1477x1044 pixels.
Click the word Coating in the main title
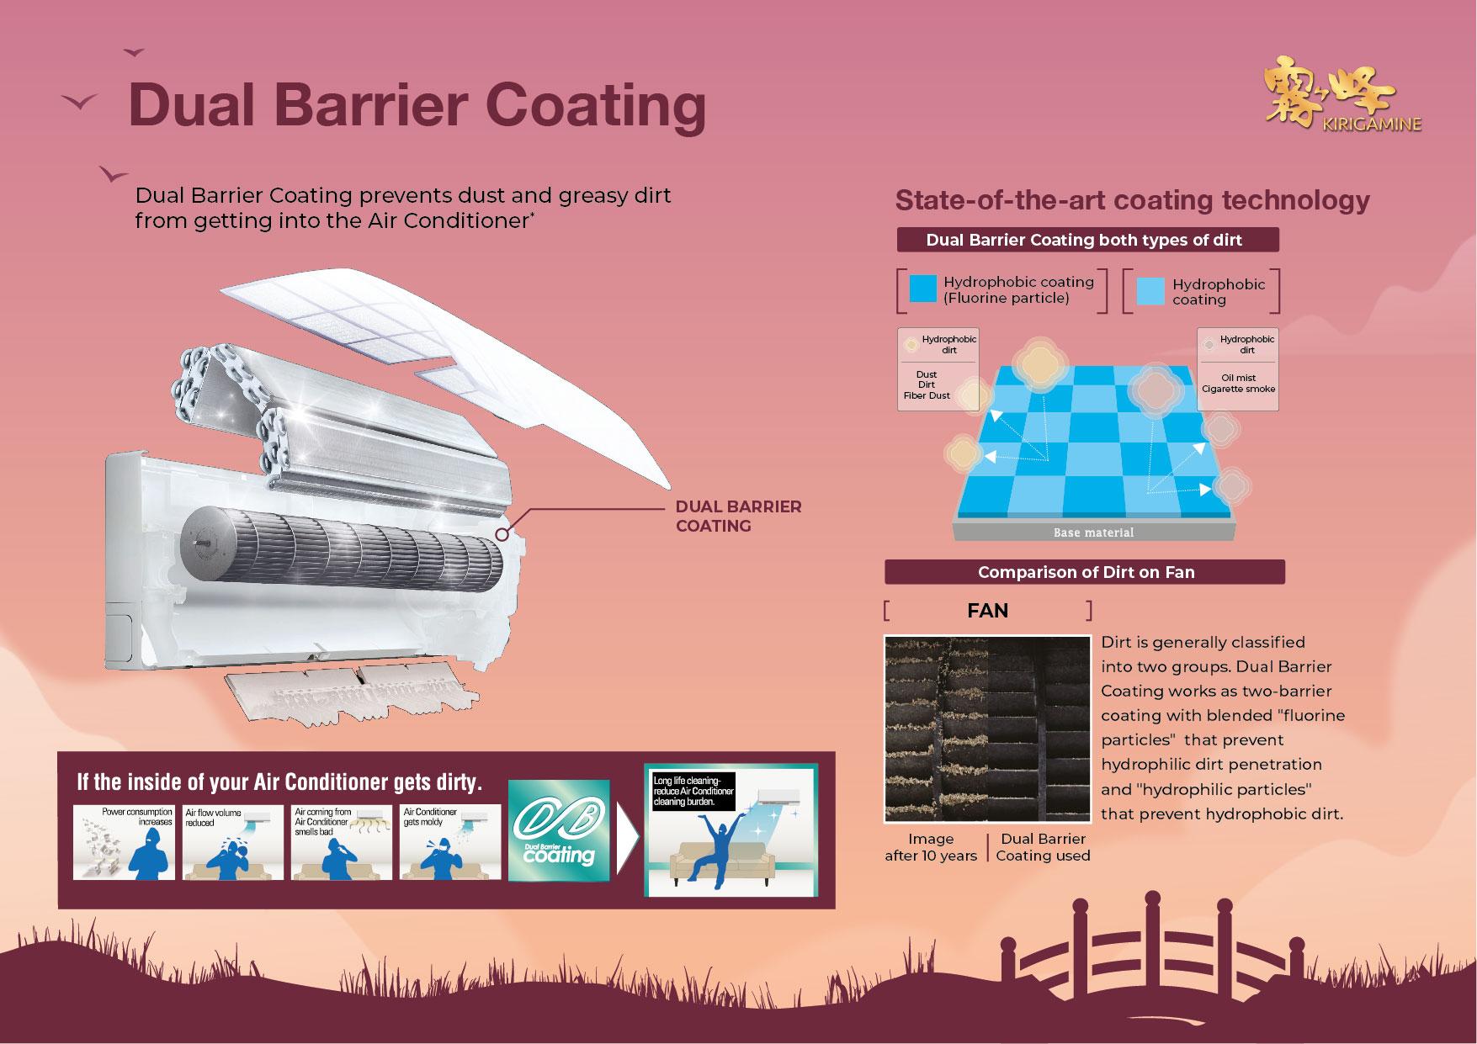pos(595,105)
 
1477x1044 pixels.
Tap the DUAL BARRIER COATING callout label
pos(738,516)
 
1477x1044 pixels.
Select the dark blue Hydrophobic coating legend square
pos(923,289)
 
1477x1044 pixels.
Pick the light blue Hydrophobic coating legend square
pos(1150,291)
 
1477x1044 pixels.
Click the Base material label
pos(1093,533)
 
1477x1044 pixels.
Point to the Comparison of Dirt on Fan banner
pos(1085,572)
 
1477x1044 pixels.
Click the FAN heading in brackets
pos(987,611)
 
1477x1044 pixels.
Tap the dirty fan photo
pos(986,729)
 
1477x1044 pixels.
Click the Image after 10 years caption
pos(931,847)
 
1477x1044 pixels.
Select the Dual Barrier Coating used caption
pos(1043,847)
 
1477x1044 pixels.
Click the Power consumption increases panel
pos(124,842)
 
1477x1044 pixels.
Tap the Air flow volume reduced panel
pos(233,842)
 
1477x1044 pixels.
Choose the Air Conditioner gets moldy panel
pos(450,842)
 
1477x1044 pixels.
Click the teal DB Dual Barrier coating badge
pos(559,830)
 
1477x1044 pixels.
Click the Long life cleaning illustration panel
pos(731,830)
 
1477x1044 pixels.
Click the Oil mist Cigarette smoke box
pos(1237,369)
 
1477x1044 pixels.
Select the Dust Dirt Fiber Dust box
pos(938,369)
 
